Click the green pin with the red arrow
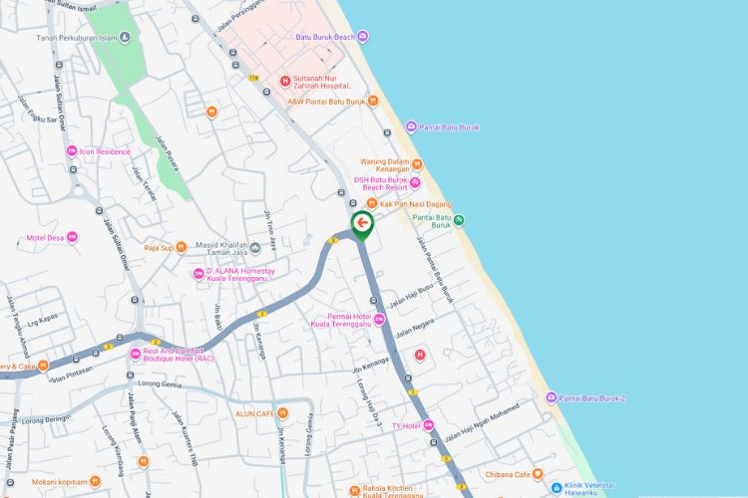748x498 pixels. (362, 224)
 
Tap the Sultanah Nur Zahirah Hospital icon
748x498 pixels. (285, 82)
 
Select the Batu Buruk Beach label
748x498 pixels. (325, 38)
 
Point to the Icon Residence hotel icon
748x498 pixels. (72, 151)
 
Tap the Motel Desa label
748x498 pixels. (45, 238)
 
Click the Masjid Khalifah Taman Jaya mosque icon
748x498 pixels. (256, 247)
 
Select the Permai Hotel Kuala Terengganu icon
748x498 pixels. (379, 319)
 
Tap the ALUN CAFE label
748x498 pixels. (254, 412)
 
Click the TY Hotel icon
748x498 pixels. (429, 425)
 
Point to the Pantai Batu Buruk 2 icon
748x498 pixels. (551, 398)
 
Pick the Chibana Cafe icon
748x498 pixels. (538, 474)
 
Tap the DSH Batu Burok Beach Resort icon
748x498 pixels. (415, 182)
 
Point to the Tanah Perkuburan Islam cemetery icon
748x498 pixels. (125, 38)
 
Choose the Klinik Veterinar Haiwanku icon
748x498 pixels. (545, 487)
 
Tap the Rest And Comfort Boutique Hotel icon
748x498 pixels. (136, 354)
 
